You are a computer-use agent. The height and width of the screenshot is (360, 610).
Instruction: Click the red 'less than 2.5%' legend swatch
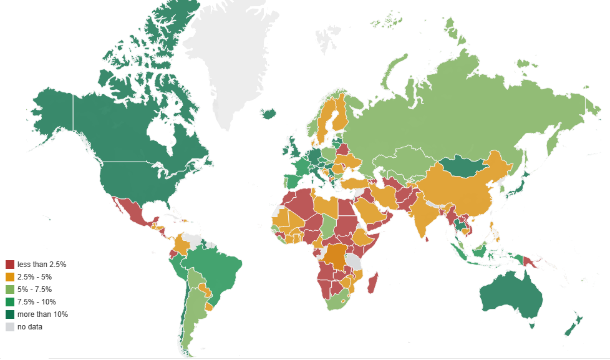[x=10, y=265]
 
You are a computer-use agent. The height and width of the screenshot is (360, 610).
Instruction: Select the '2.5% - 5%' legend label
[x=35, y=277]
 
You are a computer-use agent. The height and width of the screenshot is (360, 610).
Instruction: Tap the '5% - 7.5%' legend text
[x=35, y=289]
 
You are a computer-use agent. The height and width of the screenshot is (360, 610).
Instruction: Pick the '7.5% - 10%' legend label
[x=37, y=302]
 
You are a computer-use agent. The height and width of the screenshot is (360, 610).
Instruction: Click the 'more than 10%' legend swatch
[x=10, y=314]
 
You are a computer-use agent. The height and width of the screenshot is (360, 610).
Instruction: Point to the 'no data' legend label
[x=30, y=327]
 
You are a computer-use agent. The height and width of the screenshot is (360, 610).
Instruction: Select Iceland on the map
[x=268, y=114]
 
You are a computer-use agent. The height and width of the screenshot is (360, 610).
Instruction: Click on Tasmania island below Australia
[x=532, y=325]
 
